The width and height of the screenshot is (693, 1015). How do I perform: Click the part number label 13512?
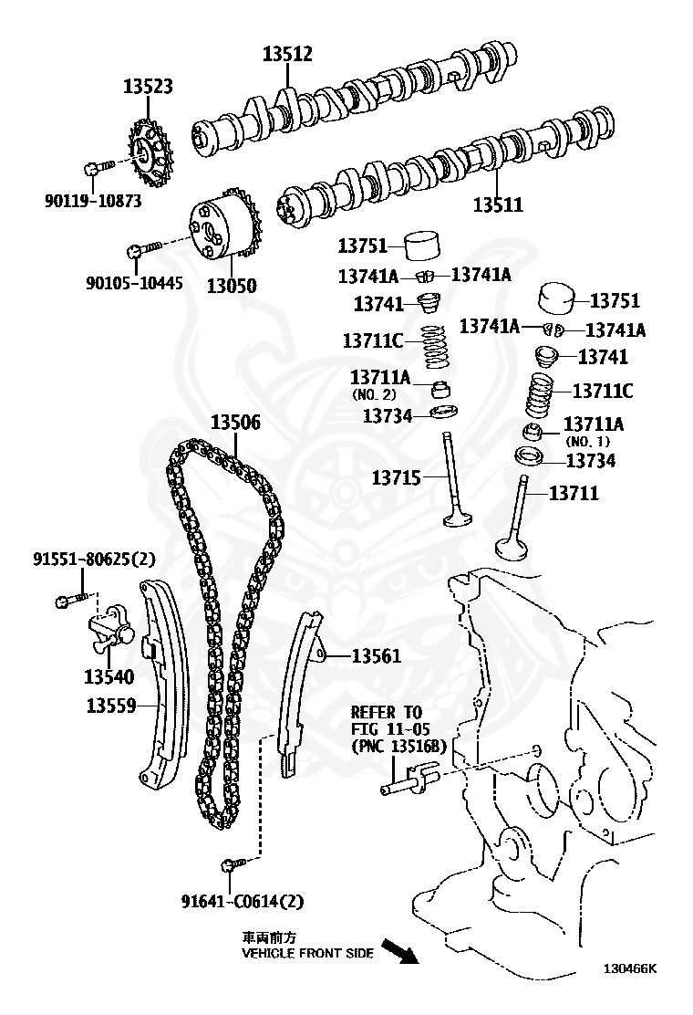pyautogui.click(x=287, y=54)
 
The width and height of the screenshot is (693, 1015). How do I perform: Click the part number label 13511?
pyautogui.click(x=498, y=204)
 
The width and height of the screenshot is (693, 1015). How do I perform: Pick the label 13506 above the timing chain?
pyautogui.click(x=235, y=423)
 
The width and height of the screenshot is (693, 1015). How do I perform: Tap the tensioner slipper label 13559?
pyautogui.click(x=111, y=706)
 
